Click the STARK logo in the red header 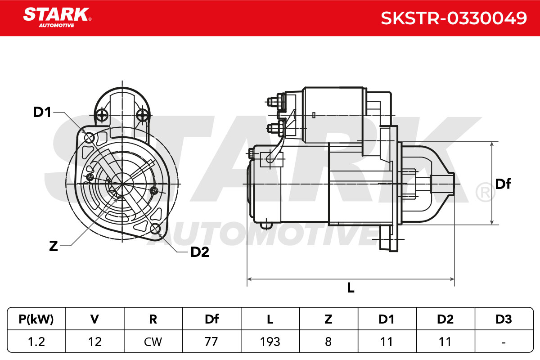tap(57, 18)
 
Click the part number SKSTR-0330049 tap(454, 18)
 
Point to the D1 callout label tap(42, 112)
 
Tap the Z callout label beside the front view tap(54, 246)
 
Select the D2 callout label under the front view tap(200, 252)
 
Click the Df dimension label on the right tap(503, 184)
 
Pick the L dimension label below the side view tap(351, 288)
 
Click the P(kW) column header tap(36, 319)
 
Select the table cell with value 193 tap(270, 342)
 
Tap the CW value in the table tap(153, 342)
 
